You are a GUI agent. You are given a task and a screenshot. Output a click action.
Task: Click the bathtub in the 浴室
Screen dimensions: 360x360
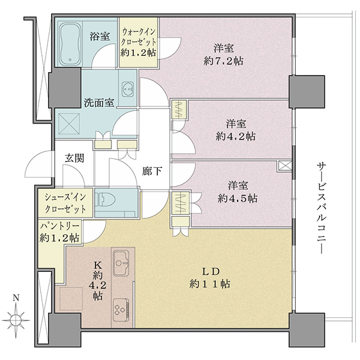coord(70,44)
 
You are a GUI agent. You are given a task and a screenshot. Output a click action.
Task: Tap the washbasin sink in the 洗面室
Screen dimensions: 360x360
coord(128,88)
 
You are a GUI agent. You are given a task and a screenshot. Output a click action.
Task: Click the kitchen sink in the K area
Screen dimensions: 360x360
coord(121,263)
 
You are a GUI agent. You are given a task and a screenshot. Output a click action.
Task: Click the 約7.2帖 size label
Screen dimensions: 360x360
coord(223,61)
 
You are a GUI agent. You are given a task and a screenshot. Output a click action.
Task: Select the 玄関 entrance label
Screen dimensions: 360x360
coord(74,158)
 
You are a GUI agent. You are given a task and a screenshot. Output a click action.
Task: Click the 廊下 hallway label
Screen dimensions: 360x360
coord(152,171)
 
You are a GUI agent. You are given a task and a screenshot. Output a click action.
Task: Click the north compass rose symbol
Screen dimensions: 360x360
coord(16,320)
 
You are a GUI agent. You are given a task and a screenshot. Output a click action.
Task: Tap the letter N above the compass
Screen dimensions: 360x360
coord(16,298)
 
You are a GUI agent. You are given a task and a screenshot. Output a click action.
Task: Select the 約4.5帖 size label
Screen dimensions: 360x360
coord(238,199)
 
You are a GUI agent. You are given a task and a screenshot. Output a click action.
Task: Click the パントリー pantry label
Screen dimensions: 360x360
coord(59,226)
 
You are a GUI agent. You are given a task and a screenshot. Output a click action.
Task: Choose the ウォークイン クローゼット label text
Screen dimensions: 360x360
coord(139,37)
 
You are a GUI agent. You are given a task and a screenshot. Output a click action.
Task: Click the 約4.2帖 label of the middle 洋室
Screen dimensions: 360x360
coord(236,137)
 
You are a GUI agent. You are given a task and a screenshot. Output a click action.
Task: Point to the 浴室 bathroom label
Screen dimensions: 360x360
coord(100,36)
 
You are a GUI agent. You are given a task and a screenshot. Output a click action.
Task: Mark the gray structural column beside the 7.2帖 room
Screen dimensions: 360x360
coord(307,91)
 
